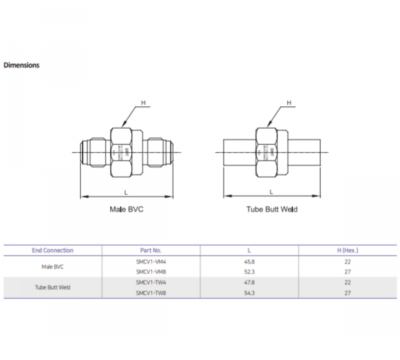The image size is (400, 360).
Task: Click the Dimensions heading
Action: point(22,65)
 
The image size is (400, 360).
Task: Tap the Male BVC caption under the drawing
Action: point(126,209)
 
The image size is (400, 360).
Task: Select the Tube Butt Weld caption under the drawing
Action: point(272,209)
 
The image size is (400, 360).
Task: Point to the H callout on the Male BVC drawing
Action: point(144,103)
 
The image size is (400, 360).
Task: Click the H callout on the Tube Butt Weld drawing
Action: point(289,103)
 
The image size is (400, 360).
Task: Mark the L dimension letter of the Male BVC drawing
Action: point(126,192)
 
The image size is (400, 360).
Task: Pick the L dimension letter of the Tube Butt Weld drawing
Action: point(271,192)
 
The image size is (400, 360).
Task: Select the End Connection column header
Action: point(53,250)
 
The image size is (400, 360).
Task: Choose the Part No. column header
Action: point(151,250)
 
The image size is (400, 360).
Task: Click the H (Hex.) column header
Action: point(347,250)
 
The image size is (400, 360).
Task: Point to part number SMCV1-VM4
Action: point(151,261)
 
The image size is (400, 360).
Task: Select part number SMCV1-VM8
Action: point(151,271)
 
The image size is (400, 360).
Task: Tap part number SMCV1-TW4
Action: point(151,282)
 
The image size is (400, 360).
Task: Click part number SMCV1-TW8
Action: point(151,293)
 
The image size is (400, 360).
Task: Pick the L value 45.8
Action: point(249,261)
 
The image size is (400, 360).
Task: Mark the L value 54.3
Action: point(249,293)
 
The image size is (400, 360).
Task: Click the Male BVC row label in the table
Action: point(53,266)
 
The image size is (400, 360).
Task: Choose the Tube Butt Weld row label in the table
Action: point(53,287)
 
